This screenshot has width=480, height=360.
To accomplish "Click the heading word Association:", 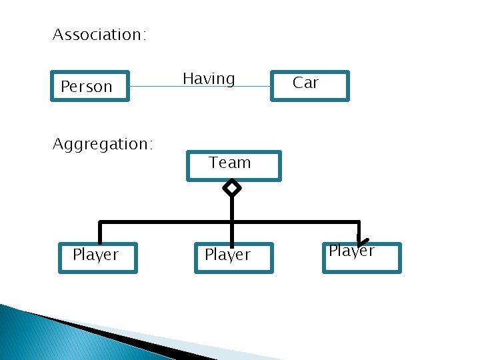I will pyautogui.click(x=99, y=35).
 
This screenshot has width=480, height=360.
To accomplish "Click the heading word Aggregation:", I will pyautogui.click(x=103, y=144).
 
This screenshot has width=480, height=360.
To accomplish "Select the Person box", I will pyautogui.click(x=90, y=86).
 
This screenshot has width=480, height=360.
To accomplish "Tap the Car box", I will pyautogui.click(x=309, y=86).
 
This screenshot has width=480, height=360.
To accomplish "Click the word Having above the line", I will pyautogui.click(x=209, y=79).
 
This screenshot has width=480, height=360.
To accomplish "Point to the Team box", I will pyautogui.click(x=233, y=165).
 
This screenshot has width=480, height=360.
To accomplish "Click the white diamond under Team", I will pyautogui.click(x=231, y=189).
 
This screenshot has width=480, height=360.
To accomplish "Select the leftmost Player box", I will pyautogui.click(x=98, y=258).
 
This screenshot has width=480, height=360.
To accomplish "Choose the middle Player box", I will pyautogui.click(x=234, y=258).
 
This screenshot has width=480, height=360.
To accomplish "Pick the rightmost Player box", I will pyautogui.click(x=362, y=258).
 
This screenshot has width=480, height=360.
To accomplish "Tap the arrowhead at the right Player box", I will pyautogui.click(x=361, y=241).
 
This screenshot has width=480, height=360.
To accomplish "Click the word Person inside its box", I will pyautogui.click(x=87, y=87).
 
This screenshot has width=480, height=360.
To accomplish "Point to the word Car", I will pyautogui.click(x=306, y=83).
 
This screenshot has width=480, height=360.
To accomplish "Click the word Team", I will pyautogui.click(x=230, y=163).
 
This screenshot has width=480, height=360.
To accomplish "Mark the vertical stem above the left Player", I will pyautogui.click(x=100, y=233).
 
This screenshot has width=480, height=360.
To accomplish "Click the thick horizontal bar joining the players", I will pyautogui.click(x=167, y=222).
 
